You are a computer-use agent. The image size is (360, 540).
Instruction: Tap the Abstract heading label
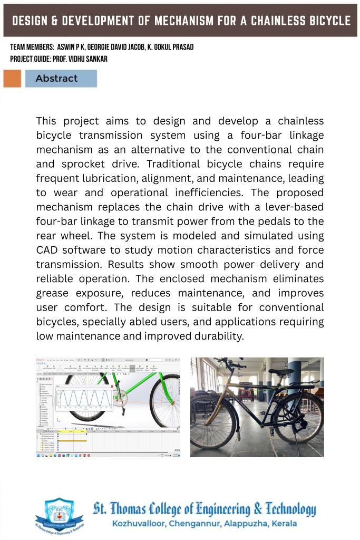[56, 79]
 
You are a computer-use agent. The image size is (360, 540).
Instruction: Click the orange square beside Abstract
[12, 79]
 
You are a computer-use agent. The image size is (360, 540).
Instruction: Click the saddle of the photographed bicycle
[281, 372]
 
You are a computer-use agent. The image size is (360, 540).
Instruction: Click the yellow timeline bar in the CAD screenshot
[72, 439]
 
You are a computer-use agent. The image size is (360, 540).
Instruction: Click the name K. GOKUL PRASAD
[171, 47]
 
